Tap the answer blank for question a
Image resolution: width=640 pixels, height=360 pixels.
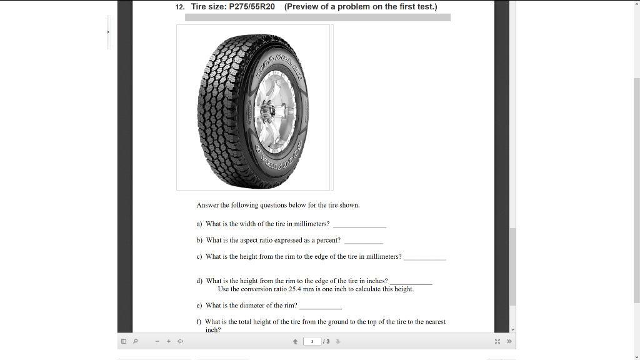[x=359, y=224]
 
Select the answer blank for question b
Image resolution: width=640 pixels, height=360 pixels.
[x=364, y=241]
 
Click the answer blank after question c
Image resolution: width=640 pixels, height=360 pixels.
[x=425, y=257]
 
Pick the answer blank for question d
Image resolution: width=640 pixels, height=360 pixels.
[x=411, y=282]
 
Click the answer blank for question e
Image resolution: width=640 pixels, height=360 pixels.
[x=321, y=306]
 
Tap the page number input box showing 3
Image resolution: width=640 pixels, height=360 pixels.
[x=312, y=341]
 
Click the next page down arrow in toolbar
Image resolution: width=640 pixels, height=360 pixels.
[x=337, y=341]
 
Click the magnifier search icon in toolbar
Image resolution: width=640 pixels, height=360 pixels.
[x=135, y=341]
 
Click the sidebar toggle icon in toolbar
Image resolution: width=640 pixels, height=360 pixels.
[x=124, y=341]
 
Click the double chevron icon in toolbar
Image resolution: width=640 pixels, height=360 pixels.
[x=509, y=341]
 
